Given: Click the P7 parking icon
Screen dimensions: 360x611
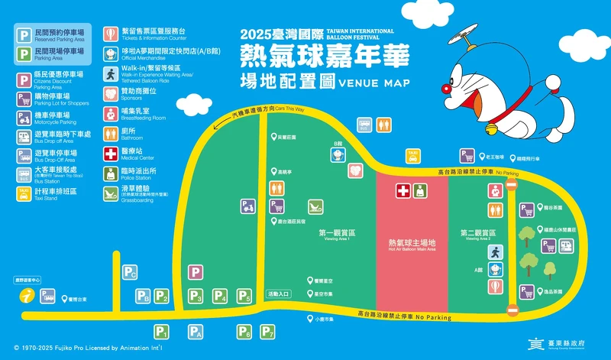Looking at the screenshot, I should [267, 332].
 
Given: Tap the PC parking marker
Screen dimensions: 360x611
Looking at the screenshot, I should [130, 272].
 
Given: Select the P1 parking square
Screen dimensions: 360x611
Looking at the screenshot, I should [161, 332].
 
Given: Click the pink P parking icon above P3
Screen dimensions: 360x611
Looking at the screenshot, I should [196, 272].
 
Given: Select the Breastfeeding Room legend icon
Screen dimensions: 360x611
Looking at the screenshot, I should [111, 114].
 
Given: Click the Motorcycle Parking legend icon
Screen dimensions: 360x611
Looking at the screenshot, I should [24, 116].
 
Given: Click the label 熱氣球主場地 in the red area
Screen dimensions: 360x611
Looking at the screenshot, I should [412, 242].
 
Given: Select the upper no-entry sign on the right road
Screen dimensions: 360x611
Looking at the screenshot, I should [511, 207].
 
